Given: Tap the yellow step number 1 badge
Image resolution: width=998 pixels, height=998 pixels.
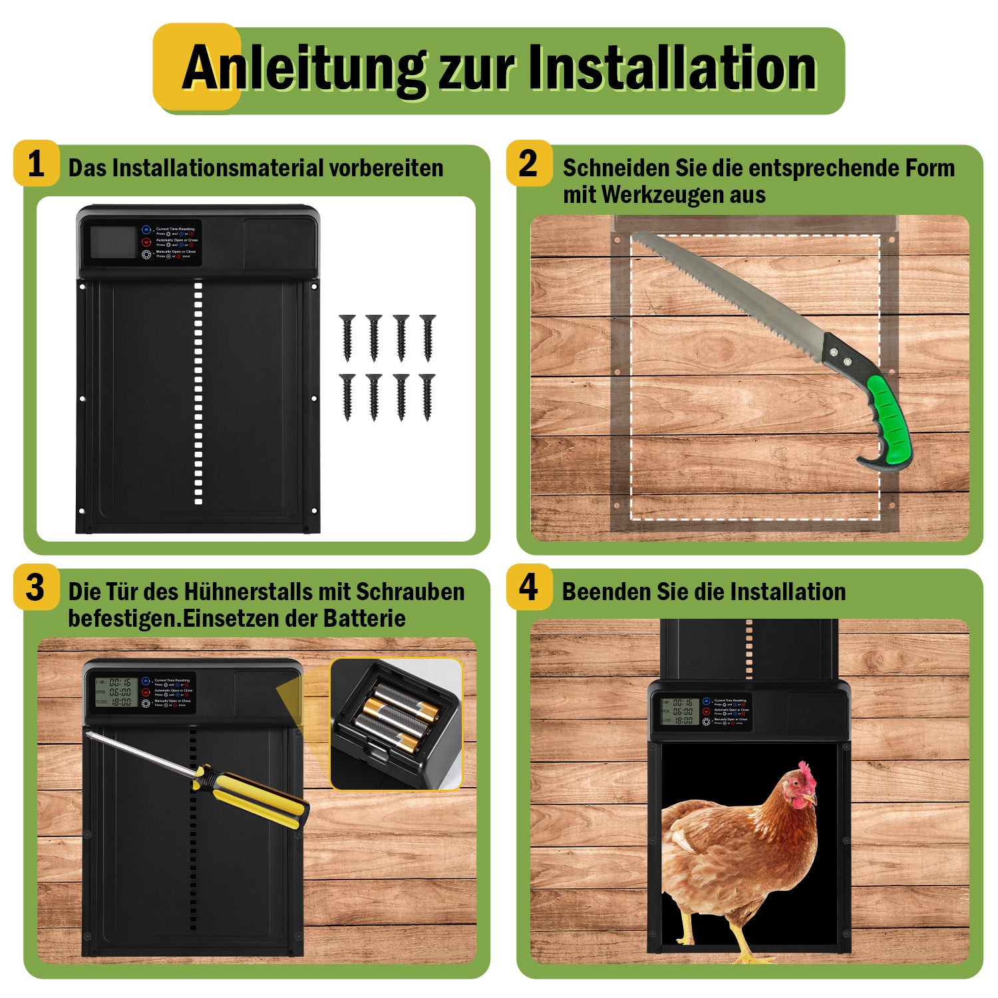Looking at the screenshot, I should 36,164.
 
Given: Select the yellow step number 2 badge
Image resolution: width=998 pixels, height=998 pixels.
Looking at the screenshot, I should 528,164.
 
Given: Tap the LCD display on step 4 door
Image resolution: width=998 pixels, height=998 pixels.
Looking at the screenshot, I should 679,711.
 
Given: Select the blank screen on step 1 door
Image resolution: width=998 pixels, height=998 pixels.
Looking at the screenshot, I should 111,242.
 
